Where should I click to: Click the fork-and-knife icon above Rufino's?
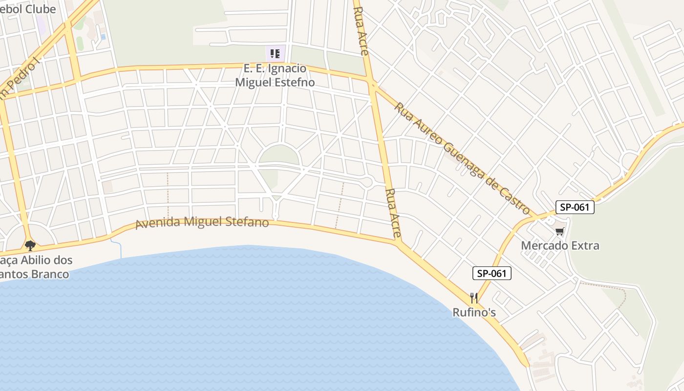point(473,297)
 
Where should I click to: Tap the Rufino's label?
point(474,312)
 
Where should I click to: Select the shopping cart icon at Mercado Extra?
point(559,231)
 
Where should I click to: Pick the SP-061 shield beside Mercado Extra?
point(575,207)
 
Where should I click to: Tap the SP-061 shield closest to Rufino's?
point(492,273)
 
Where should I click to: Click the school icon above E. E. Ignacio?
point(275,53)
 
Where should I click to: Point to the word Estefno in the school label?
point(292,83)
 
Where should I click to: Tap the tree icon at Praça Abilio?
point(30,245)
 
